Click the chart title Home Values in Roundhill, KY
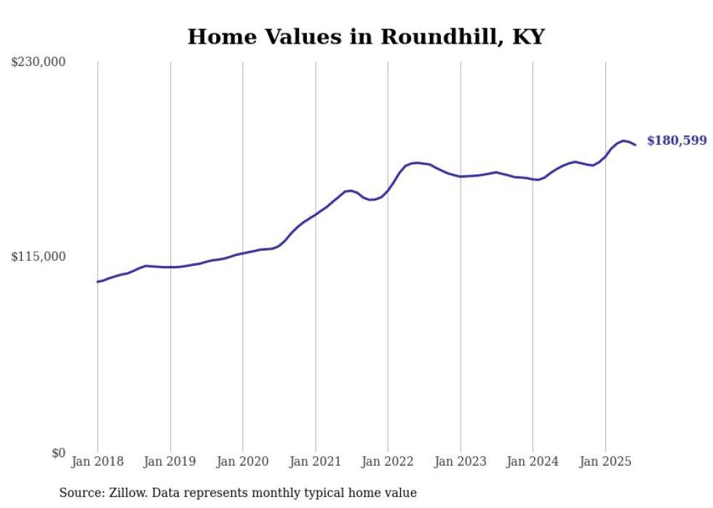(366, 36)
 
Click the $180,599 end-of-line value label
(677, 140)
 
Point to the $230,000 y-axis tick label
(39, 63)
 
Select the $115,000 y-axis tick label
(39, 257)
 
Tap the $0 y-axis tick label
(58, 453)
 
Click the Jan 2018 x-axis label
(97, 461)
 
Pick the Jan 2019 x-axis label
(170, 461)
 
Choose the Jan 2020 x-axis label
(242, 461)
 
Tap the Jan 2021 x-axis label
(315, 461)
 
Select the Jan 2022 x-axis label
(388, 461)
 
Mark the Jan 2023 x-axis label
(461, 461)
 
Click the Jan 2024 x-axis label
(533, 461)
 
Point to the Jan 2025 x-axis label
(605, 461)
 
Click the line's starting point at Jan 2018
(97, 281)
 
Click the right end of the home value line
(635, 145)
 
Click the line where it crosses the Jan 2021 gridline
(315, 215)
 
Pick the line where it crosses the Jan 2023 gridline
(461, 177)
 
